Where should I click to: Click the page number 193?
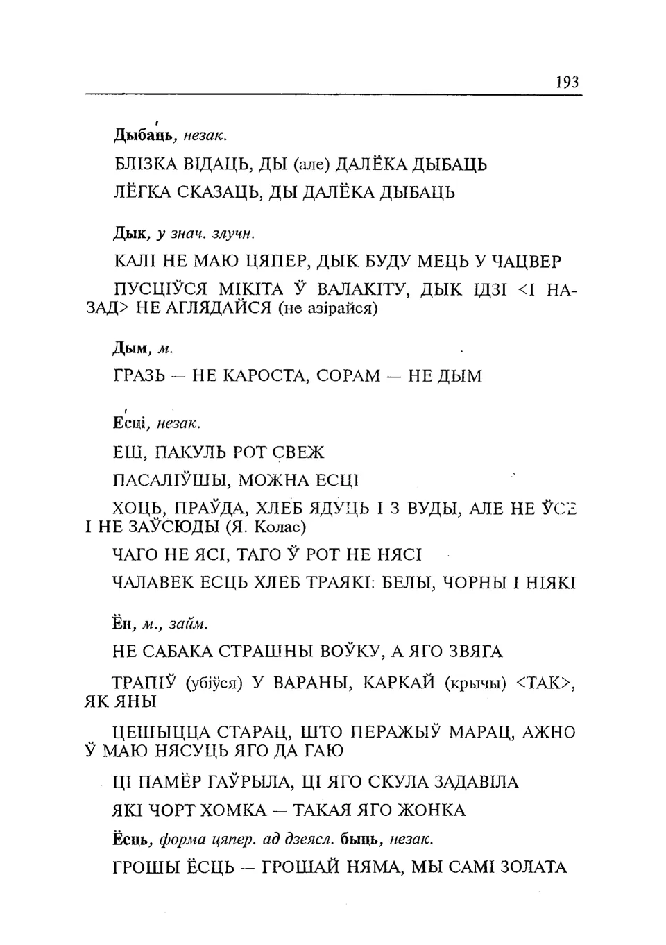tap(567, 83)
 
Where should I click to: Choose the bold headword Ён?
tap(123, 623)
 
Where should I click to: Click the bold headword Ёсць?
tap(132, 840)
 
